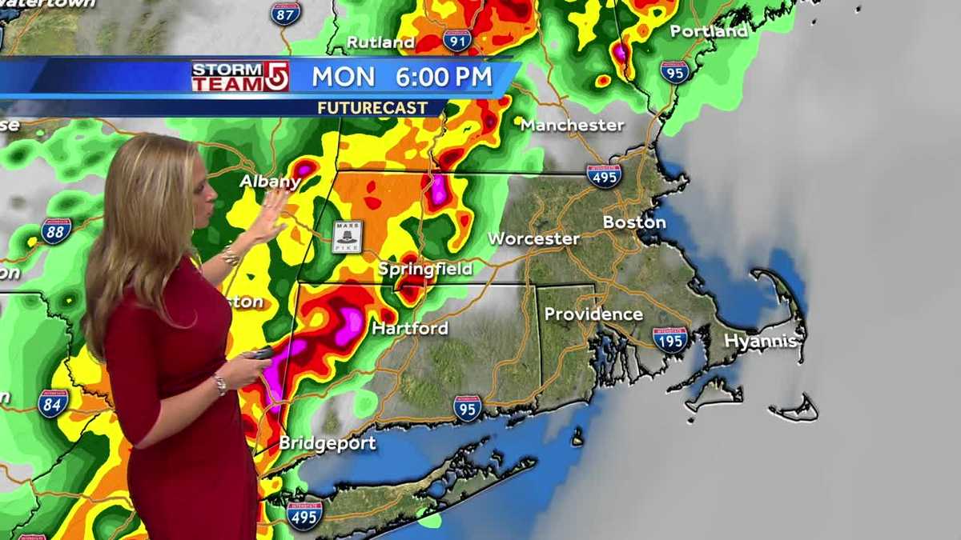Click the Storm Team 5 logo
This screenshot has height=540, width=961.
click(239, 77)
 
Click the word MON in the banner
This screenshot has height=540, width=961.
click(344, 77)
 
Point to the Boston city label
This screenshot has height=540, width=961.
click(634, 222)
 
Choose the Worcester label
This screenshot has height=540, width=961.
click(533, 238)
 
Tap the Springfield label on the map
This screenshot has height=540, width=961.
click(425, 270)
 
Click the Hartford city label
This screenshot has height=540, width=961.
click(410, 328)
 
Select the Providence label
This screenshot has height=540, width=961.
click(593, 314)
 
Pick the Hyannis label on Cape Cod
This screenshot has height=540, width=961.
click(760, 341)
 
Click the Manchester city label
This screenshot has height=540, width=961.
click(572, 125)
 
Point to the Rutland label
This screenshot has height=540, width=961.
click(380, 42)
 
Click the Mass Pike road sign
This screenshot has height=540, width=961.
click(348, 236)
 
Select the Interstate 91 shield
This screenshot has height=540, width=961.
click(457, 40)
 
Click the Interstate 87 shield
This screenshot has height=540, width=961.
click(285, 13)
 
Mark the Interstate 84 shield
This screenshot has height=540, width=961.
click(53, 402)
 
